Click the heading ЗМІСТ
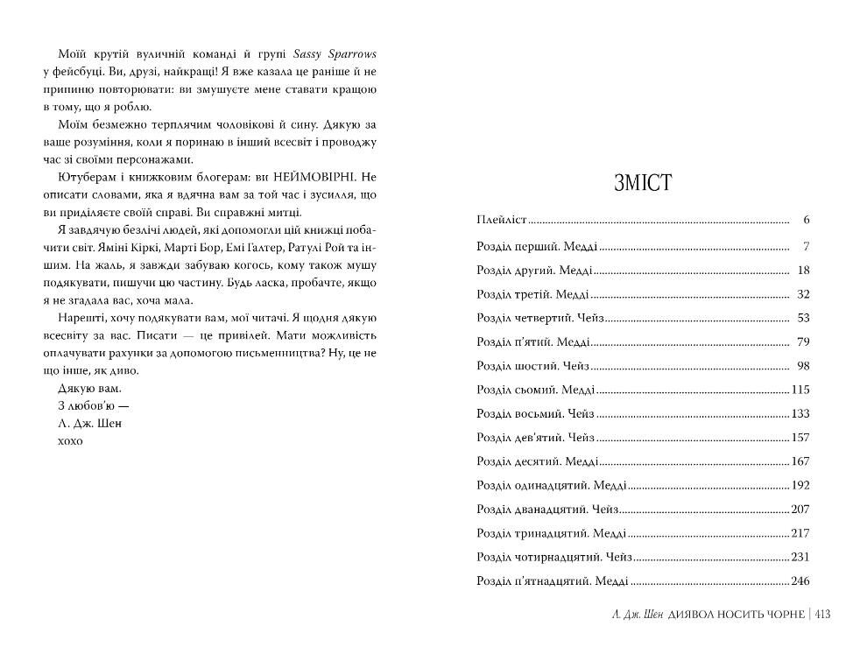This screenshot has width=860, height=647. click(643, 183)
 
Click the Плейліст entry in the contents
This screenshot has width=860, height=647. click(501, 220)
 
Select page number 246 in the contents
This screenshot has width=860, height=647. click(800, 580)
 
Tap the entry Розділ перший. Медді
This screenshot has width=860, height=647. click(538, 246)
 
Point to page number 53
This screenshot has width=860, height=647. click(804, 317)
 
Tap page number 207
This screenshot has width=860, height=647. click(800, 509)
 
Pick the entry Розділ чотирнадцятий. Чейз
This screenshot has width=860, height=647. click(553, 556)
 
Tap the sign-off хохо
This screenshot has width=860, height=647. click(69, 440)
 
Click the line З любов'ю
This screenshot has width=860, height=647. click(86, 405)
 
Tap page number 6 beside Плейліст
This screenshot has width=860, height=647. click(806, 220)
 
